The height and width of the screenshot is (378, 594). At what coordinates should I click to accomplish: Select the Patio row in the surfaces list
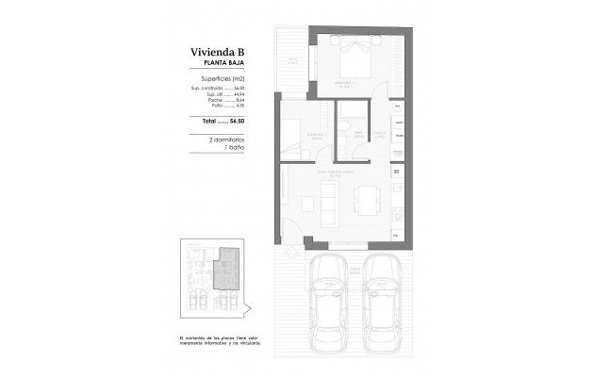click(x=226, y=107)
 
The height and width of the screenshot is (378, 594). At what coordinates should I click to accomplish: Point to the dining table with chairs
click(x=366, y=199)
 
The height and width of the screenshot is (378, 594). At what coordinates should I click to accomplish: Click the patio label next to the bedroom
click(x=293, y=61)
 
